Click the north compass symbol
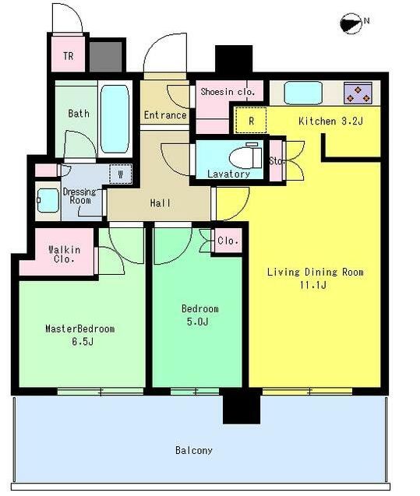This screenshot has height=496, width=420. pyautogui.click(x=351, y=23)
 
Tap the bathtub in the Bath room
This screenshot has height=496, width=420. pyautogui.click(x=115, y=119)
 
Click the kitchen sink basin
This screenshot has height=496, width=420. pyautogui.click(x=303, y=93)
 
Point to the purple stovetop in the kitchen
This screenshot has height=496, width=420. pyautogui.click(x=358, y=93)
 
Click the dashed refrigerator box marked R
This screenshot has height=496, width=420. pyautogui.click(x=251, y=120)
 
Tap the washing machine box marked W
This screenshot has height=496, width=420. pyautogui.click(x=120, y=174)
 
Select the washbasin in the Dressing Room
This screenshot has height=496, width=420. pyautogui.click(x=48, y=201)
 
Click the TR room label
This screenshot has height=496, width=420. pyautogui.click(x=69, y=56)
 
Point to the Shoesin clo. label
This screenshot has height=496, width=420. pyautogui.click(x=228, y=92)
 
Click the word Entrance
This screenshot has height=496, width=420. pyautogui.click(x=165, y=114)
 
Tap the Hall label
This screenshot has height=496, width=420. pyautogui.click(x=161, y=202)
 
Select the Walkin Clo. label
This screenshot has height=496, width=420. pyautogui.click(x=64, y=255)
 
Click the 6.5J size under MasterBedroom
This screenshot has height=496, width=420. pyautogui.click(x=83, y=342)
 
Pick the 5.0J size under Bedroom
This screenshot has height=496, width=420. pyautogui.click(x=197, y=322)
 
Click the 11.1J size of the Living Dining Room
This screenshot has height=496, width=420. pyautogui.click(x=313, y=285)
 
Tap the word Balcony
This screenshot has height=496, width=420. pyautogui.click(x=194, y=450)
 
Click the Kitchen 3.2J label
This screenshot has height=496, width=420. pyautogui.click(x=330, y=121)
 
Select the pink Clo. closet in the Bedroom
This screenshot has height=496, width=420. pyautogui.click(x=228, y=241)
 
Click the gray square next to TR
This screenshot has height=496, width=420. pyautogui.click(x=106, y=57)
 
